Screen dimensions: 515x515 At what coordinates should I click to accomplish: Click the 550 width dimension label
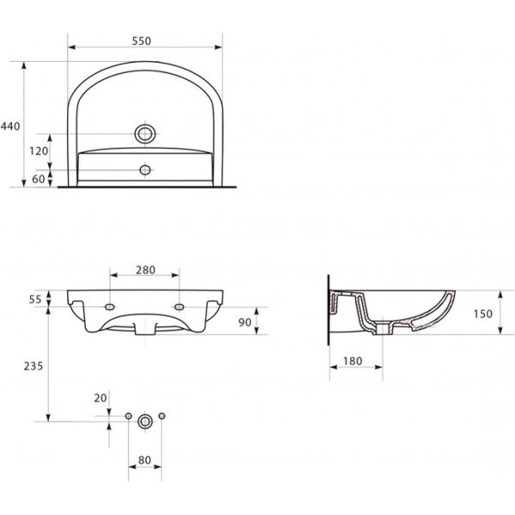point(142,41)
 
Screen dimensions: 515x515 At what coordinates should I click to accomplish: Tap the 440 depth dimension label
point(10,126)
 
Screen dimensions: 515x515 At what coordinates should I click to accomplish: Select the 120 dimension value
point(39,151)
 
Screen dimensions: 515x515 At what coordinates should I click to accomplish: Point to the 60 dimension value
point(39,179)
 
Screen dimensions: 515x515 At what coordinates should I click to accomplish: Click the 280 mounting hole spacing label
point(146,270)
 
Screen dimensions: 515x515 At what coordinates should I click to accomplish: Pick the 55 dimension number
point(35,300)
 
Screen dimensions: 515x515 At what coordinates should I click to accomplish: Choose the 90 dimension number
point(245,322)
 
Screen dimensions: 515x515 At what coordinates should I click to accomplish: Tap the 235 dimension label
point(33,366)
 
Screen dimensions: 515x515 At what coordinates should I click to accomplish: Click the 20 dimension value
point(100,398)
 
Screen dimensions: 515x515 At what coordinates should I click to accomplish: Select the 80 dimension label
point(144,460)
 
